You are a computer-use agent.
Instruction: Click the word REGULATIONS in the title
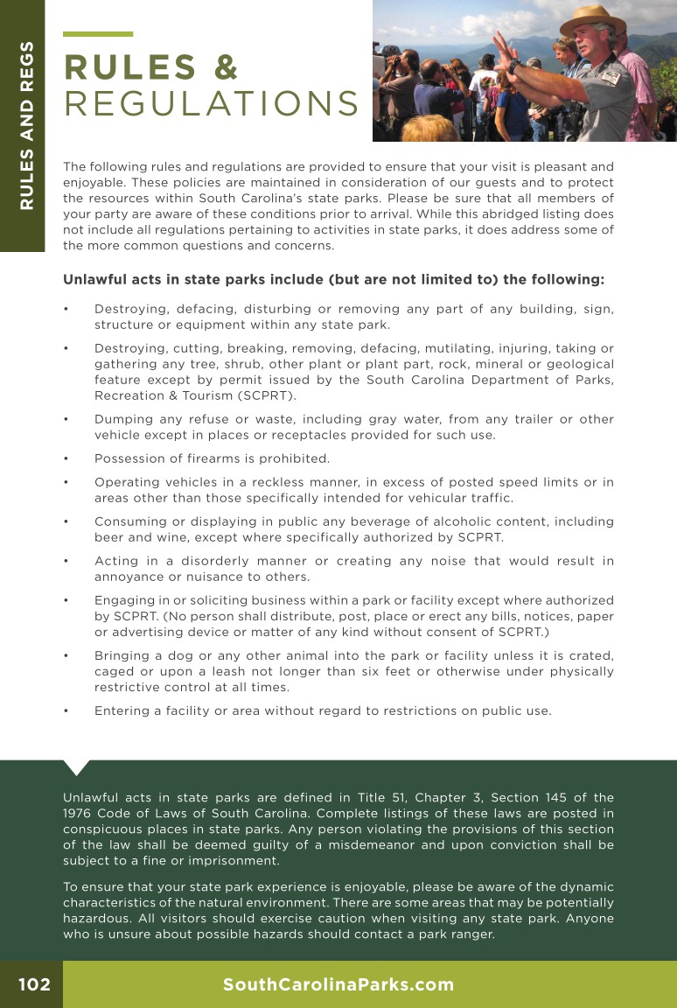pyautogui.click(x=212, y=104)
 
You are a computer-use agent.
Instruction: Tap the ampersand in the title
pyautogui.click(x=225, y=67)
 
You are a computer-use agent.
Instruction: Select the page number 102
pyautogui.click(x=34, y=985)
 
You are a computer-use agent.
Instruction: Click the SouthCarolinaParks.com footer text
pyautogui.click(x=338, y=985)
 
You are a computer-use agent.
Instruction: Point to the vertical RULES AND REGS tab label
pyautogui.click(x=26, y=124)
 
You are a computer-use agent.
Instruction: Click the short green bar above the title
pyautogui.click(x=98, y=34)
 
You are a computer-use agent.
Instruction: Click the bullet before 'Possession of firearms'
pyautogui.click(x=66, y=458)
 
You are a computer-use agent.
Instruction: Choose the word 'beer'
pyautogui.click(x=108, y=537)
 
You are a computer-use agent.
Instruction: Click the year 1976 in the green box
pyautogui.click(x=79, y=814)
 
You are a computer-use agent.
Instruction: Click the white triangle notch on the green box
pyautogui.click(x=77, y=766)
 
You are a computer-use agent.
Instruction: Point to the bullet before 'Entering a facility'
pyautogui.click(x=66, y=710)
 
